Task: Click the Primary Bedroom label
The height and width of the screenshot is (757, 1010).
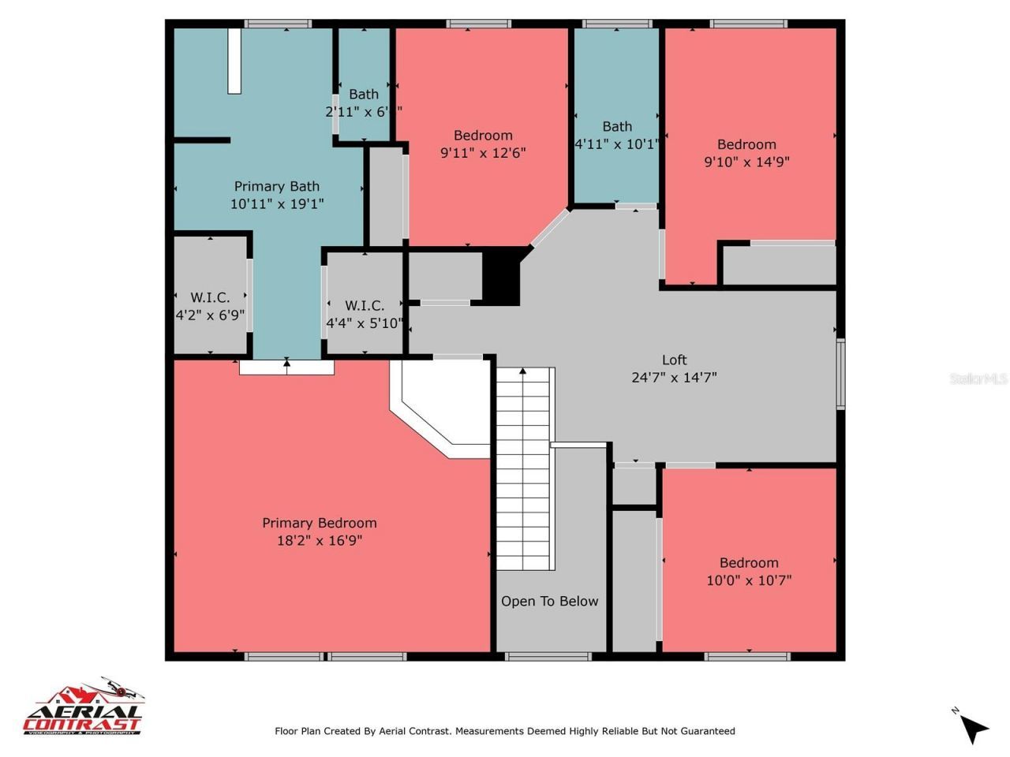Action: [319, 523]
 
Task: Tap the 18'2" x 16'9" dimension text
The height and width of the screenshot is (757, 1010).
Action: [319, 541]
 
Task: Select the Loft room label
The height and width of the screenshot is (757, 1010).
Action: [674, 360]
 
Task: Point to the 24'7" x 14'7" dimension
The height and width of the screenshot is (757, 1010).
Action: [674, 378]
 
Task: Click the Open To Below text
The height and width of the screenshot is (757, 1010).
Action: [549, 601]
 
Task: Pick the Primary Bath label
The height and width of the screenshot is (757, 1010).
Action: [276, 186]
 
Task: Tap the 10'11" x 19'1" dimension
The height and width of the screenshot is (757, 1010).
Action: [276, 204]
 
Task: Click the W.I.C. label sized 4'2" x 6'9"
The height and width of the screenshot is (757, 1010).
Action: [210, 297]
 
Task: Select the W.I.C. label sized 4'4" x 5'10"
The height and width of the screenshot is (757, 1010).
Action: [365, 305]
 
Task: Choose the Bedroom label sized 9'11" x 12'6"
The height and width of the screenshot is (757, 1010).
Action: [483, 135]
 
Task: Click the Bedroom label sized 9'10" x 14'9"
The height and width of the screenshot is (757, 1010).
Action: [746, 144]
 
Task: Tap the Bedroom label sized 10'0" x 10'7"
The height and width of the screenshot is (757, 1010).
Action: [749, 562]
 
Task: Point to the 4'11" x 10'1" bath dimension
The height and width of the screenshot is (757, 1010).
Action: [617, 144]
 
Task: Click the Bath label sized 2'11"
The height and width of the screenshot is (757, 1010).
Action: [364, 94]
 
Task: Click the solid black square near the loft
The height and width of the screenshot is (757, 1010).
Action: [501, 276]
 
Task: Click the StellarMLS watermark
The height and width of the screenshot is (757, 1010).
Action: [978, 378]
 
